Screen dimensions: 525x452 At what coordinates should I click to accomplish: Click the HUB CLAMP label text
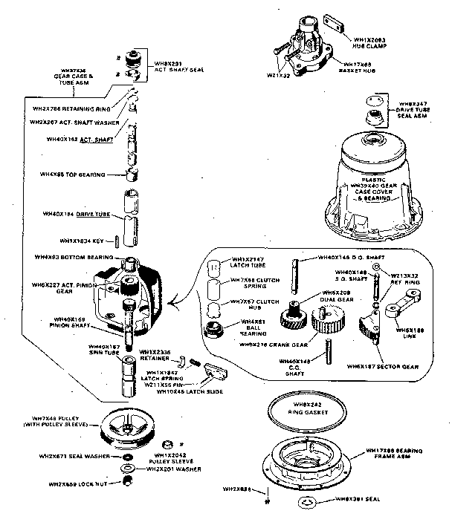(369, 42)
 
